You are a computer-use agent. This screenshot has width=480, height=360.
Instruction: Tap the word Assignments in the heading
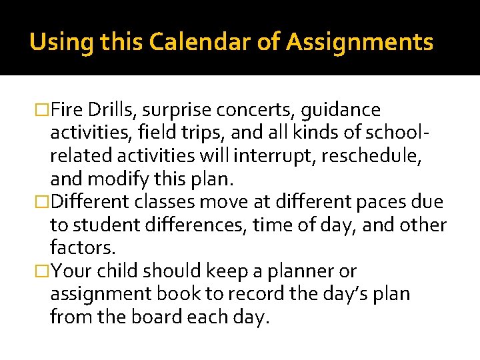360,43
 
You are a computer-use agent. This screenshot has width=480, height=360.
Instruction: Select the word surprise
177,110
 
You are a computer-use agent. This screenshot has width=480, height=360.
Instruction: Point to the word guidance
347,110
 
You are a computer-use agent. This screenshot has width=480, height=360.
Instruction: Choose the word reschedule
371,156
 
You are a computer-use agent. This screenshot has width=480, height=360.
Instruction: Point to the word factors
83,248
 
